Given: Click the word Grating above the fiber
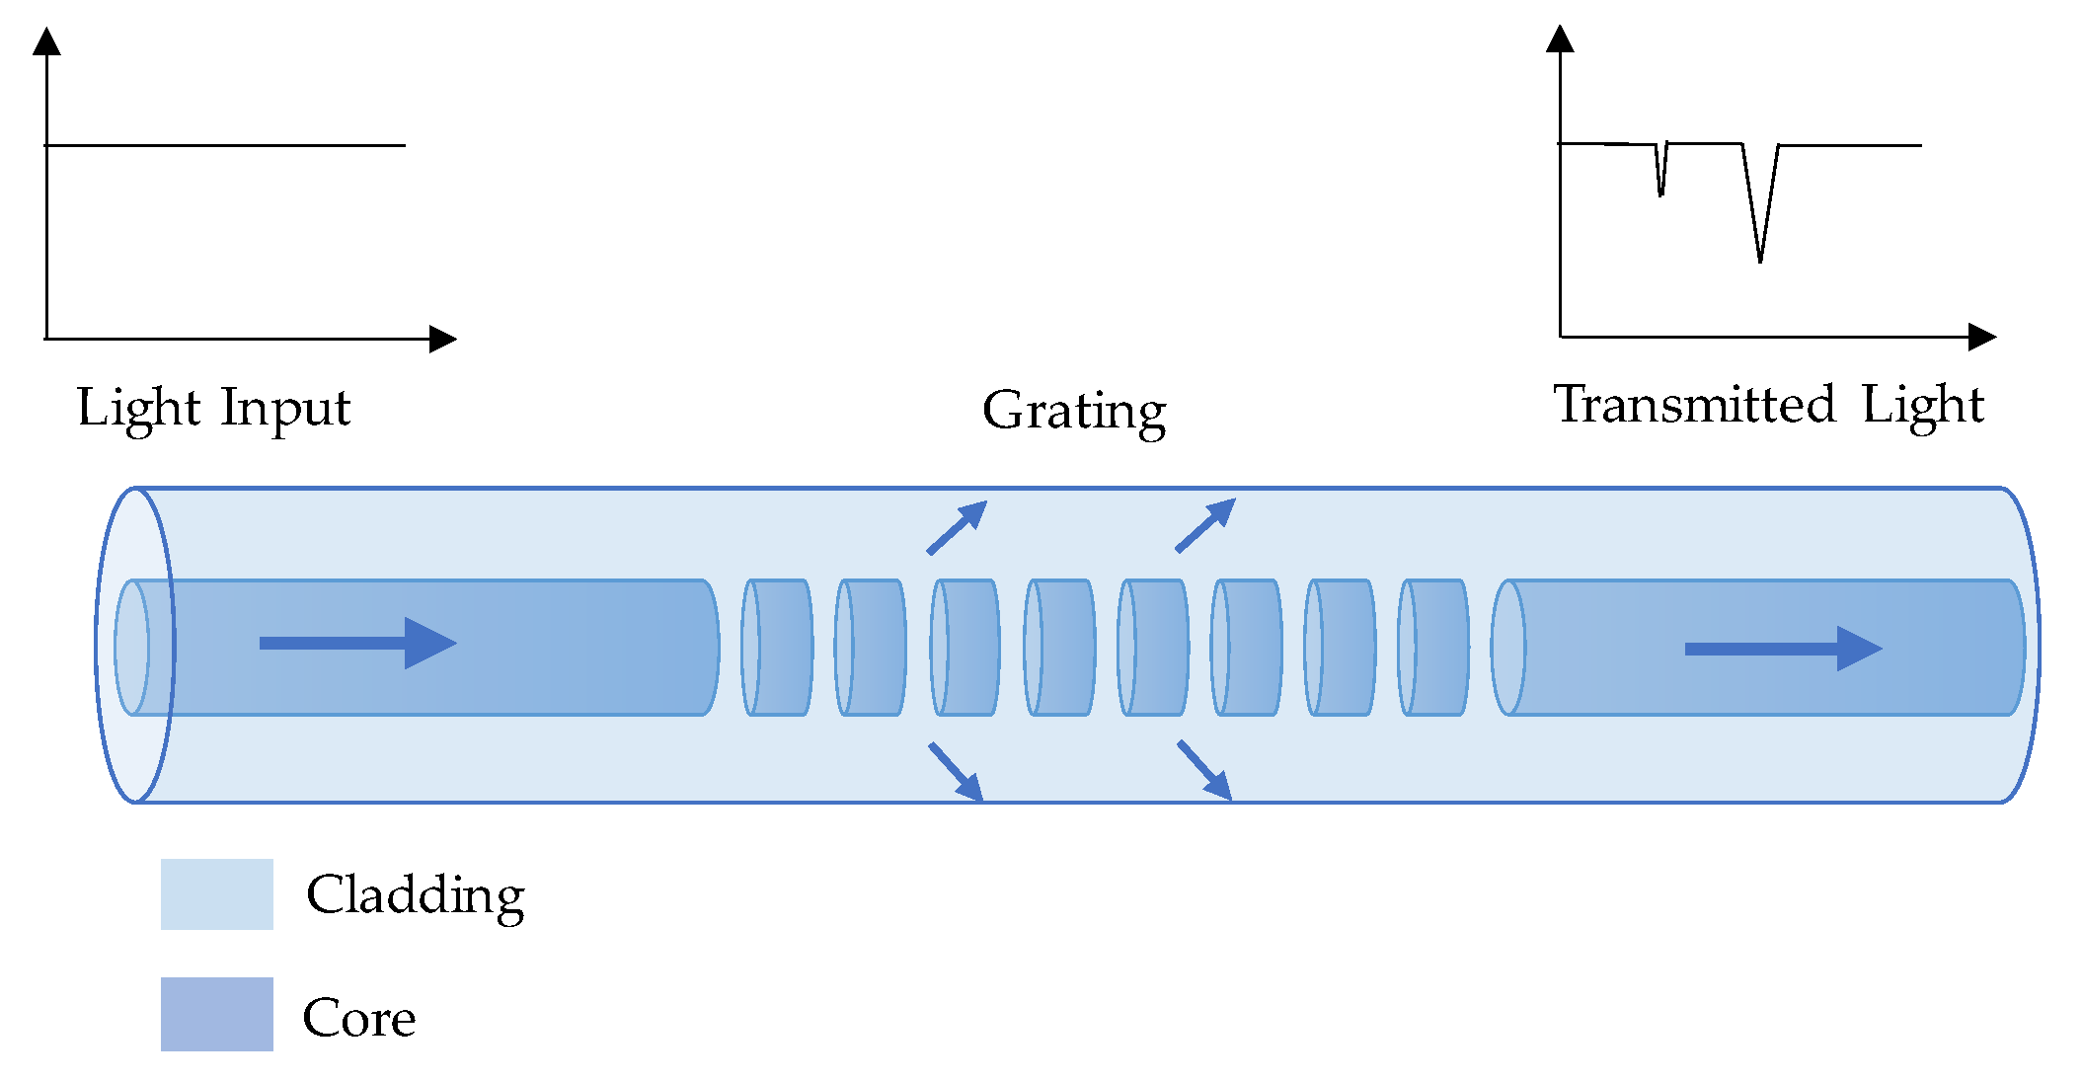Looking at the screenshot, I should click(x=1074, y=411).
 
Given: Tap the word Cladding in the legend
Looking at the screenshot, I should click(x=415, y=895).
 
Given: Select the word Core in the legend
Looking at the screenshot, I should click(x=358, y=1018).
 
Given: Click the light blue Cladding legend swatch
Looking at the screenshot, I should click(x=217, y=894).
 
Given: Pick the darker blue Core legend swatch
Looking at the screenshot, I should click(x=217, y=1014).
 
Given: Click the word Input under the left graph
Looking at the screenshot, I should click(x=285, y=408).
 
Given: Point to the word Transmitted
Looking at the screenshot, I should click(x=1694, y=405).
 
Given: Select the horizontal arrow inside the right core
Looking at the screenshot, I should click(x=1783, y=649).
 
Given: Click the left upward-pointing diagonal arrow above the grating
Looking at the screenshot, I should click(x=957, y=526).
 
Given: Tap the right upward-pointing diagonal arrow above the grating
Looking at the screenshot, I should click(x=1205, y=525).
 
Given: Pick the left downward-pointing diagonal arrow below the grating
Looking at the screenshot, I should click(x=956, y=771).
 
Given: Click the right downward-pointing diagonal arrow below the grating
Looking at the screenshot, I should click(x=1204, y=770).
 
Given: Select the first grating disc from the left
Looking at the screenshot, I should click(x=777, y=648).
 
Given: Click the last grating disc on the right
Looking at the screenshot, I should click(x=1433, y=648).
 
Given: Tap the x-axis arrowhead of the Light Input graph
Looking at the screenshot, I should click(x=443, y=340).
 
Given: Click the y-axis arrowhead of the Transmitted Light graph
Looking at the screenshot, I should click(x=1560, y=39).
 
